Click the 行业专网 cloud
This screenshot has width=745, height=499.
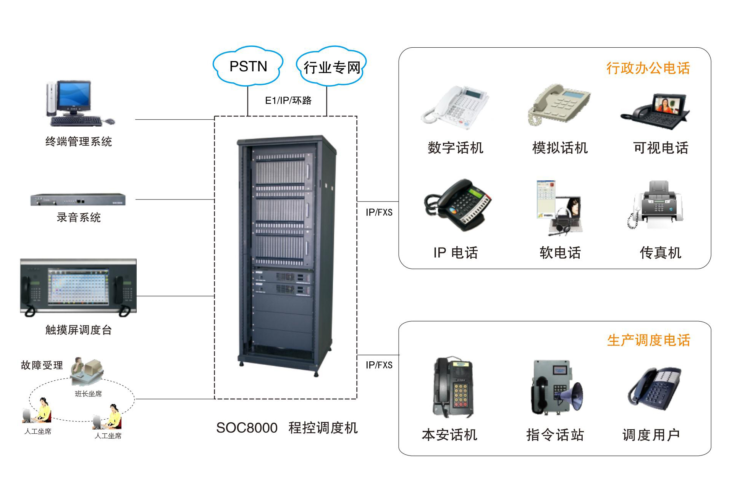coord(331,67)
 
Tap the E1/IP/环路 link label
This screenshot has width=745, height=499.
coord(288,100)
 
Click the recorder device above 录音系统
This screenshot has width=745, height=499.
coord(78,200)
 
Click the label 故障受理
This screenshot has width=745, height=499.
coord(42,365)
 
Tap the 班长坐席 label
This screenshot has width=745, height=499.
coord(88,394)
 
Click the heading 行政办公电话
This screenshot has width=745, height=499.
coord(648,68)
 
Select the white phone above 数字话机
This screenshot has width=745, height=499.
coord(454,105)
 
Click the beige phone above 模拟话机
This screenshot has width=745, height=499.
coord(559,105)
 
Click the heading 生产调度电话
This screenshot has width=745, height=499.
coord(648,340)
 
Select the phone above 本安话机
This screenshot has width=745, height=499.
coord(453,387)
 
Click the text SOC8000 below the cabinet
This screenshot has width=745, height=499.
coord(247,428)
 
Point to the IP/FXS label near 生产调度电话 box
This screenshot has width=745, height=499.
coord(379,365)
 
